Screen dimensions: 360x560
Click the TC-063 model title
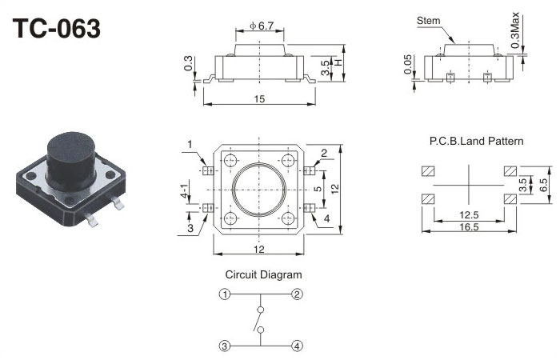(56, 29)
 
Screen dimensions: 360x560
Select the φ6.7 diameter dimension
(262, 26)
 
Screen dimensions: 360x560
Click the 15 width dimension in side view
(259, 99)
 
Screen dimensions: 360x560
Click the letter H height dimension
(338, 62)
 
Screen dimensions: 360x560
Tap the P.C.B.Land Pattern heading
(476, 142)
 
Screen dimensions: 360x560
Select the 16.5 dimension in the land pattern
(469, 227)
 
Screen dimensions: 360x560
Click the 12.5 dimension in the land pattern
(469, 214)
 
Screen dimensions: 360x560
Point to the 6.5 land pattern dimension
(542, 184)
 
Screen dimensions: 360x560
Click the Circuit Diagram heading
(263, 274)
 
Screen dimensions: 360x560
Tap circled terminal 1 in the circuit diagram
(226, 294)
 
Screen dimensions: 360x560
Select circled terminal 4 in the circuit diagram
(297, 346)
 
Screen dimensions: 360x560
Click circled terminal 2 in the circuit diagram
(297, 294)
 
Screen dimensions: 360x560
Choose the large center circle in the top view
(259, 190)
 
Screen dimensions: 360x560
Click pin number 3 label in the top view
(191, 229)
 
